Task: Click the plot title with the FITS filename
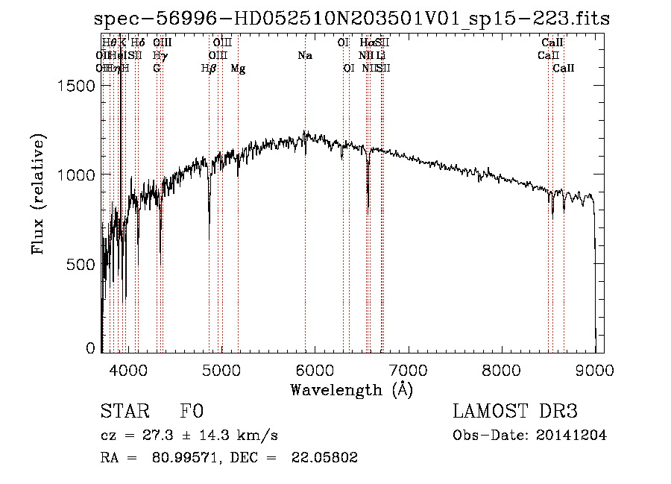[x=352, y=19]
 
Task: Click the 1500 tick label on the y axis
[x=76, y=86]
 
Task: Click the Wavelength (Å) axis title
[x=351, y=389]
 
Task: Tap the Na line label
[x=304, y=56]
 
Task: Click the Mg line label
[x=238, y=69]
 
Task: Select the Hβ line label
[x=209, y=69]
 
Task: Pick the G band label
[x=157, y=69]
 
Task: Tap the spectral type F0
[x=192, y=412]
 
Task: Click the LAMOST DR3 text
[x=515, y=412]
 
